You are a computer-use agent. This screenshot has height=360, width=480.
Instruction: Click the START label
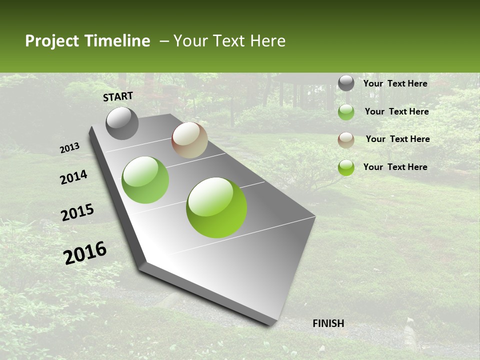(118, 96)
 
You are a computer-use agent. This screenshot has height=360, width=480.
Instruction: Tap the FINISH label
(328, 323)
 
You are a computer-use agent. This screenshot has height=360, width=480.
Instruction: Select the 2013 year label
(70, 148)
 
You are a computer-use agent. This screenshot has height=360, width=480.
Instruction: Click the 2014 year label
(74, 177)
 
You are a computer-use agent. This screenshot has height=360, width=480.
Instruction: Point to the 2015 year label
(77, 212)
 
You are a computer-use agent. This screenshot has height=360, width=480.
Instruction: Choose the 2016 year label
(85, 253)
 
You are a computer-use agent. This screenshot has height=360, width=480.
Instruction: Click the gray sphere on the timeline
(122, 123)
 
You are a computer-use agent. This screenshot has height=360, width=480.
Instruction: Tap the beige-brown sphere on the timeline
(189, 140)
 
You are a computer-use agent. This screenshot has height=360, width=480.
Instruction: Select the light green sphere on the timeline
(145, 180)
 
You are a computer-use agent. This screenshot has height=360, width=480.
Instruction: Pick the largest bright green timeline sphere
(216, 207)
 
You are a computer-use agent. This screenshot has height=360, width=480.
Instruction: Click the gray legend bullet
(346, 83)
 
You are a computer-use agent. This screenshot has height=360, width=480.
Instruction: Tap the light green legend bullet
(346, 112)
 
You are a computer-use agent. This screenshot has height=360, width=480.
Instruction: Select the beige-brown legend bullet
(346, 140)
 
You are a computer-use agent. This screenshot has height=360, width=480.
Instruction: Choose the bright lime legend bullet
(346, 167)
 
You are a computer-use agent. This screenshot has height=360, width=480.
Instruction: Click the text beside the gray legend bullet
(395, 83)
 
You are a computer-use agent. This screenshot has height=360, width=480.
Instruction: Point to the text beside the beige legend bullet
(397, 139)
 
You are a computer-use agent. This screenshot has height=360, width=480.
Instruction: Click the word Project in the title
(52, 41)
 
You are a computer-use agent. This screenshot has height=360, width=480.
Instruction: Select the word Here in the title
(267, 41)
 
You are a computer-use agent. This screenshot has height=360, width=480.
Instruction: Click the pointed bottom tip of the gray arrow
(272, 324)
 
